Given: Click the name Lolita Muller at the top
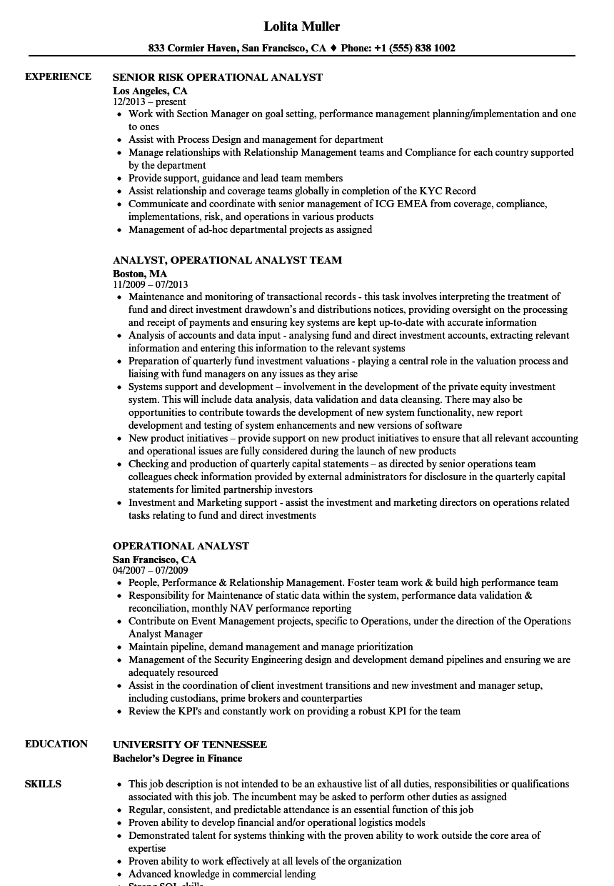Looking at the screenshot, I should click(x=302, y=26).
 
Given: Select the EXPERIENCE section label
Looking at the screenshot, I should click(x=58, y=76).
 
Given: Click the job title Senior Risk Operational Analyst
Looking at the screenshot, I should click(x=218, y=77).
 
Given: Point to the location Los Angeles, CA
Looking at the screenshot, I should click(x=150, y=91).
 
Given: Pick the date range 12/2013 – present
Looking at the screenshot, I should click(x=149, y=102).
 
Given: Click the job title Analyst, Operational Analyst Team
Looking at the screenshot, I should click(x=227, y=260).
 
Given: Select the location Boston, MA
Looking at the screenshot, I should click(x=140, y=274).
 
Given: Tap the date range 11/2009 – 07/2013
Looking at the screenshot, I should click(x=150, y=284).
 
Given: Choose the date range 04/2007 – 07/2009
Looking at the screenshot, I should click(x=150, y=570).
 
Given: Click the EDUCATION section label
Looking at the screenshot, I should click(x=56, y=744).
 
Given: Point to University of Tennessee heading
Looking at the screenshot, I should click(x=190, y=745).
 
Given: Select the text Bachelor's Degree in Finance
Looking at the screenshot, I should click(x=177, y=758).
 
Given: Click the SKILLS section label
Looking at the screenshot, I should click(x=43, y=784).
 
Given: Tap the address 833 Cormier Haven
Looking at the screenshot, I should click(x=191, y=49).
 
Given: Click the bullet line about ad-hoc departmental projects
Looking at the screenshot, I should click(x=250, y=229).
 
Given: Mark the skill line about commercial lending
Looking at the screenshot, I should click(x=222, y=874).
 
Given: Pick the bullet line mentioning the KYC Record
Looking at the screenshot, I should click(x=302, y=191).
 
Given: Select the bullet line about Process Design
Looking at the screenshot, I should click(x=256, y=139).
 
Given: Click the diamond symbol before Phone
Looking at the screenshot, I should click(x=333, y=49).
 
